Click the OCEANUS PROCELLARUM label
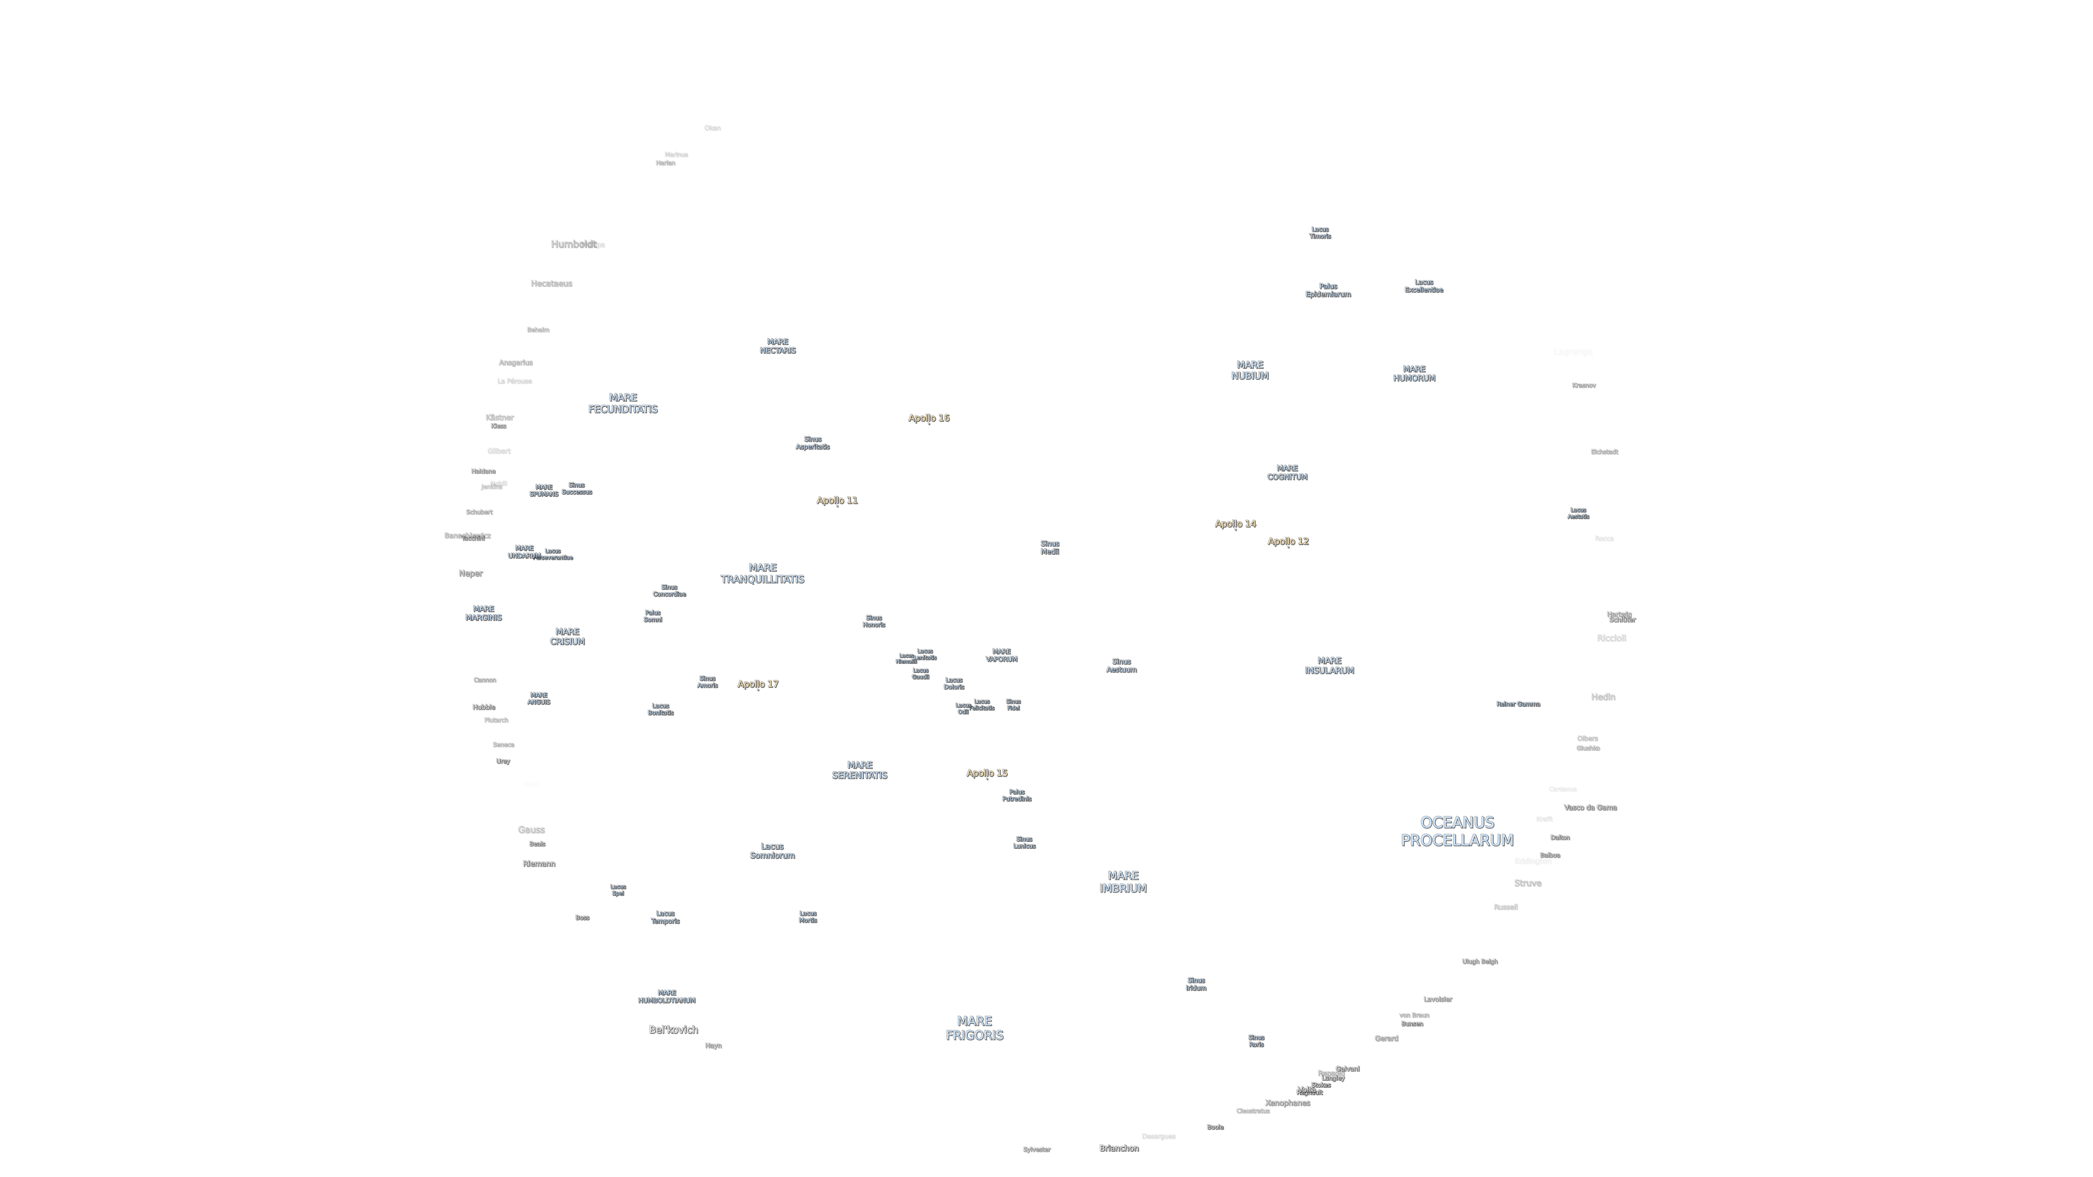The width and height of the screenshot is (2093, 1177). coord(1457,831)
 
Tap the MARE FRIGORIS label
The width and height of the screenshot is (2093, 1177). coord(974,1028)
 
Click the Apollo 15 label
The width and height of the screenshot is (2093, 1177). coord(987,772)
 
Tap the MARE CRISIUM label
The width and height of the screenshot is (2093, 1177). coord(567,636)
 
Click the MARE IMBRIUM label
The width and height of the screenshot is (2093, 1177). coord(1123,881)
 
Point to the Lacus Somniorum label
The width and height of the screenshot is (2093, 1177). coord(772,850)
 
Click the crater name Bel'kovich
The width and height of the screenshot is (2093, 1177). coord(673,1029)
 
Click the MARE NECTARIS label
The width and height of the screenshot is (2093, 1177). coord(778,346)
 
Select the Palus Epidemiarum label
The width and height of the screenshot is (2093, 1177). coord(1328,290)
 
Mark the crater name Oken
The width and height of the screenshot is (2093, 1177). coord(712,128)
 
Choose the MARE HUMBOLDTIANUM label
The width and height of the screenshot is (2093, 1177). coord(666,997)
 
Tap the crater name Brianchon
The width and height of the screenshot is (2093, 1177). coord(1119,1148)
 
